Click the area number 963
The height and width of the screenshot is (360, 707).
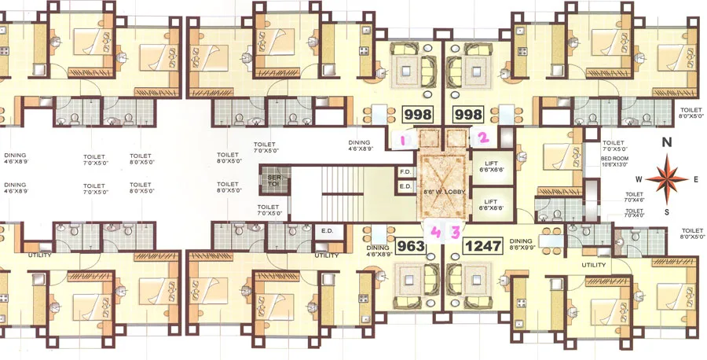[411, 245]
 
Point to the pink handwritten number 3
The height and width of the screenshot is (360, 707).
[455, 232]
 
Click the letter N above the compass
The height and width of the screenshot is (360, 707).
[666, 143]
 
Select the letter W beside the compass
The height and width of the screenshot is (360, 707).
[640, 179]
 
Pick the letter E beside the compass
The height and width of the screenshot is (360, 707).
[696, 179]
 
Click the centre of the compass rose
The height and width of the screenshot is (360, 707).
[667, 178]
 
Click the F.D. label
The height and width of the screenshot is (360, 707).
[406, 171]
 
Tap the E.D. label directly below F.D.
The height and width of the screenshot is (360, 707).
[406, 186]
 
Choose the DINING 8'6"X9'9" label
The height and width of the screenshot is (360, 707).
[522, 244]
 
